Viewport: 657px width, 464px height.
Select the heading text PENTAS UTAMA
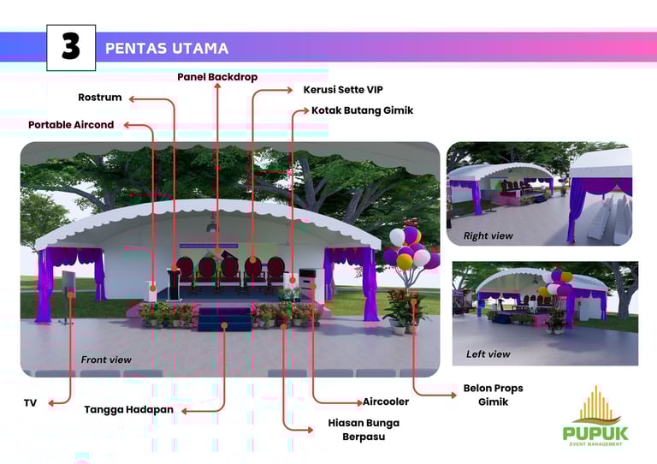[166, 48]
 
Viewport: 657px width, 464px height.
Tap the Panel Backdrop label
[217, 77]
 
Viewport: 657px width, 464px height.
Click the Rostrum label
[100, 98]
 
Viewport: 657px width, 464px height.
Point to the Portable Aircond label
[71, 125]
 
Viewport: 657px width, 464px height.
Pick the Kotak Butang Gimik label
[362, 110]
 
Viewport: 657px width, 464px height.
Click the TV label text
[31, 402]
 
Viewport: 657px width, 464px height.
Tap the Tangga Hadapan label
[128, 409]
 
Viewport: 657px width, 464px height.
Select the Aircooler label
[386, 402]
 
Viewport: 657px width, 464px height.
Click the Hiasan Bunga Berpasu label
[364, 430]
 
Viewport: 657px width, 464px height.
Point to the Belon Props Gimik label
[493, 395]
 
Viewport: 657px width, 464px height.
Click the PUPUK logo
[595, 415]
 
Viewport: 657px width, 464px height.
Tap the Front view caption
[106, 360]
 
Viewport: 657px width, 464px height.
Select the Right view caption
[488, 235]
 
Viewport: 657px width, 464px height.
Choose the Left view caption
[488, 354]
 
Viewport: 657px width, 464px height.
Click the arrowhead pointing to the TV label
[51, 402]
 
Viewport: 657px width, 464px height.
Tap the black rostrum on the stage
[176, 282]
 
